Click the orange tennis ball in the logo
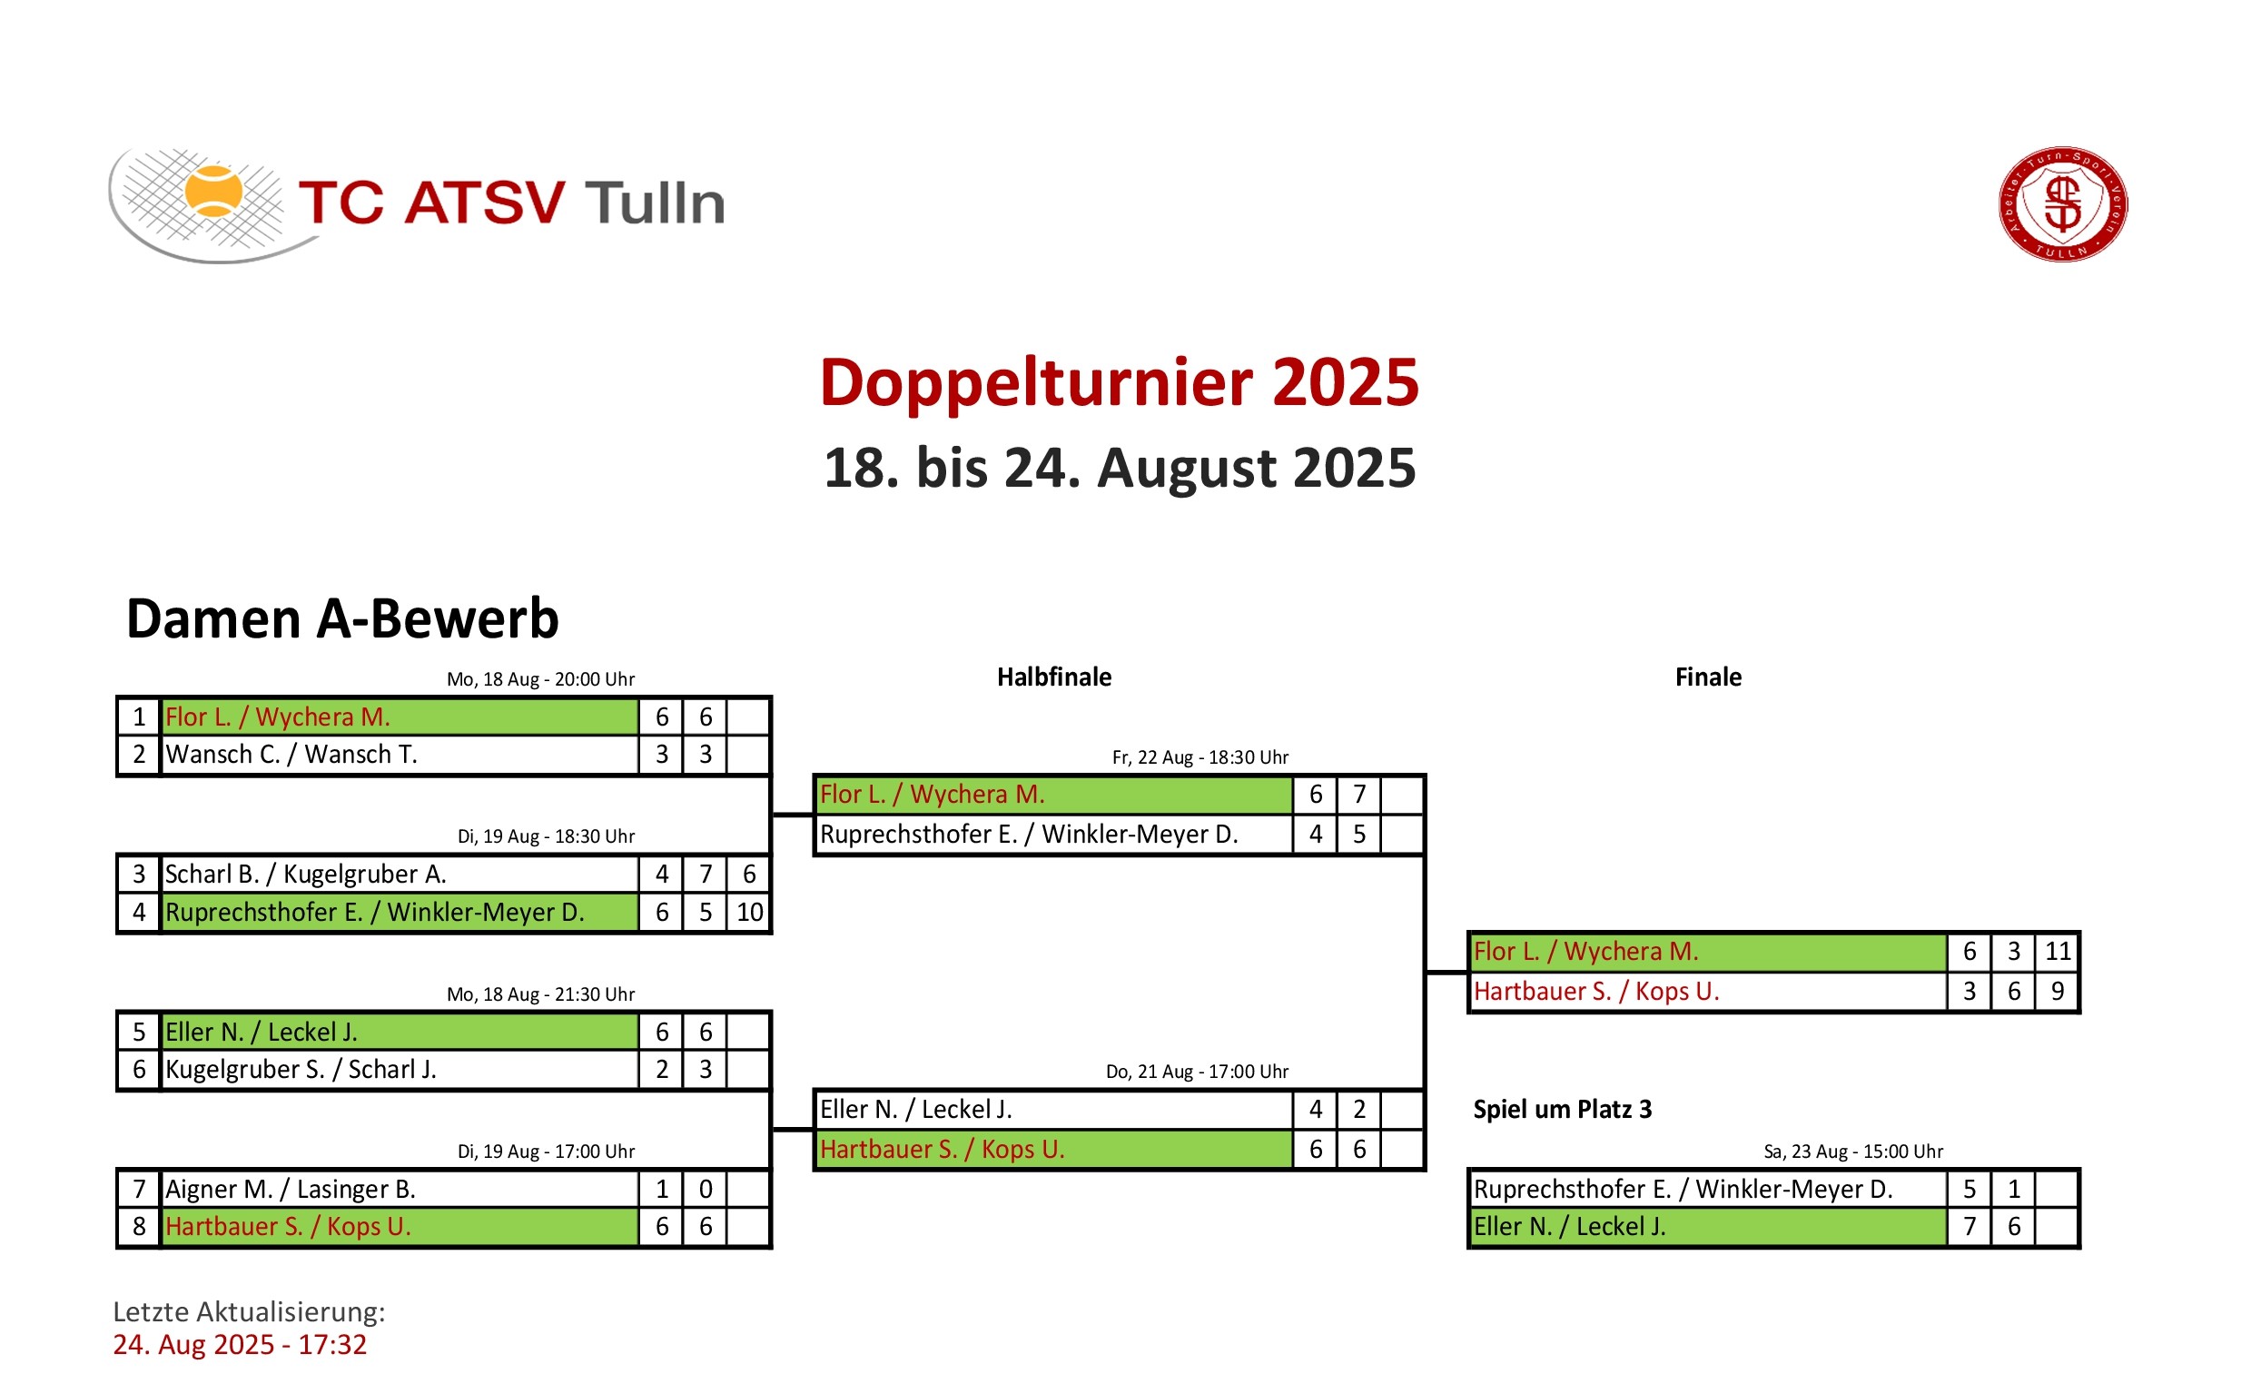213,192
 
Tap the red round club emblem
2063,203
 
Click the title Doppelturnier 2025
1119,383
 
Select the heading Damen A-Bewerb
342,618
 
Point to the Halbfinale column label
1053,677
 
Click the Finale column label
1708,677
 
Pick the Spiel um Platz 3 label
1562,1109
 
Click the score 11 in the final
2058,952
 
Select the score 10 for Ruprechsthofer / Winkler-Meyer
749,913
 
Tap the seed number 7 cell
139,1190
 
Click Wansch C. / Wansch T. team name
291,755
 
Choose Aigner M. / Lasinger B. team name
291,1190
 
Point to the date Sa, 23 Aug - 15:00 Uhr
1853,1152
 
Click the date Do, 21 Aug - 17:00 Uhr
1198,1072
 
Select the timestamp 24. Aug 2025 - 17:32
240,1345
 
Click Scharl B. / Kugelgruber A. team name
306,875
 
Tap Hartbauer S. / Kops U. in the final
1596,992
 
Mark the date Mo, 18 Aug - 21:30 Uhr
541,995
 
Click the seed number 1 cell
139,717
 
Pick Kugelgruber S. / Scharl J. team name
301,1070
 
